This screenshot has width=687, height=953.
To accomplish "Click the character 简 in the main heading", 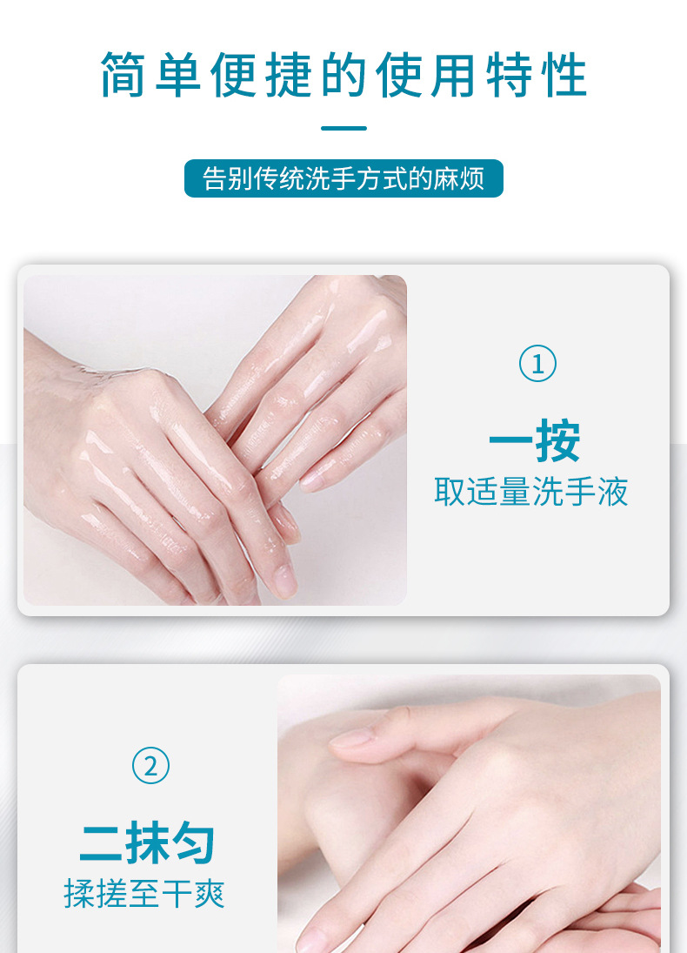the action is click(123, 75).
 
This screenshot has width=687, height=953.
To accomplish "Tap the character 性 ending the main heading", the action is click(565, 75).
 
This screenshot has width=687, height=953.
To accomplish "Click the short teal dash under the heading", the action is click(343, 128).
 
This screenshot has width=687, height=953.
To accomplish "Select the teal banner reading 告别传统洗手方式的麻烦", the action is click(343, 178).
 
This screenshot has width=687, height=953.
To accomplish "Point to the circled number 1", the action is click(537, 364).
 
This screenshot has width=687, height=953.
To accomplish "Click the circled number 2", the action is click(150, 765).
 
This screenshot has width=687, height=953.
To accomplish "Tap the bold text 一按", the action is click(535, 440).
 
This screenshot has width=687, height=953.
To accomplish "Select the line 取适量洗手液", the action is click(531, 492).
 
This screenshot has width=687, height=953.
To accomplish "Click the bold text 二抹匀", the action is click(148, 842).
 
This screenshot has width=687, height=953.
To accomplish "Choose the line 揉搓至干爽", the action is click(144, 894).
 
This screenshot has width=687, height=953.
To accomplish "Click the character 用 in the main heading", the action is click(454, 75).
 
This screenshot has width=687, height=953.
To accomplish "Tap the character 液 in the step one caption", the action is click(612, 492).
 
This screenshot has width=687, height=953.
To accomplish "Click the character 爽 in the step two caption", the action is click(210, 894).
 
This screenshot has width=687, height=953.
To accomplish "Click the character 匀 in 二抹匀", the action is click(193, 842).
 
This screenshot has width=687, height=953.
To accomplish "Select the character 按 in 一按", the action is click(558, 440).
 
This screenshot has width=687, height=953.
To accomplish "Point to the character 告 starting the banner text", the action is click(215, 178).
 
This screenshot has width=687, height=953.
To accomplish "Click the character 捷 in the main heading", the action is click(289, 75).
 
